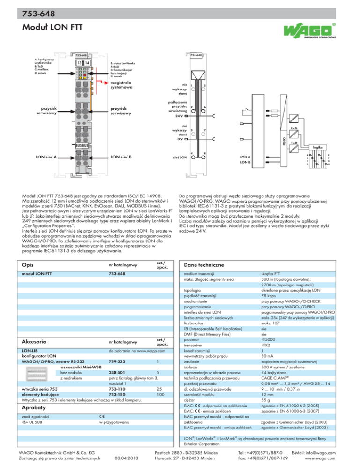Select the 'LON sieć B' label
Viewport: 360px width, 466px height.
[x=120, y=157]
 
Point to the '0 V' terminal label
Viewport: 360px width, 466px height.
[x=180, y=139]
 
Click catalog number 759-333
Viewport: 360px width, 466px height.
[x=117, y=361]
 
